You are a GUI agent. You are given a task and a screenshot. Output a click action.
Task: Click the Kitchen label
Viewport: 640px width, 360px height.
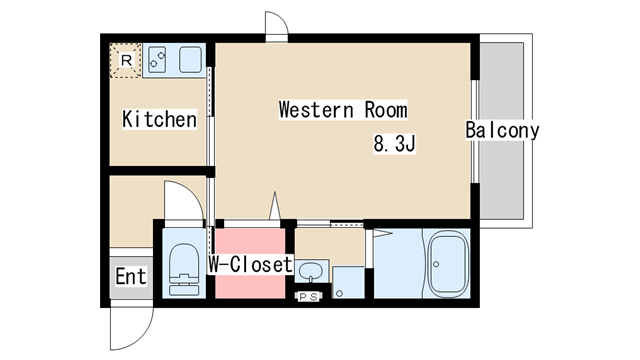[x=159, y=119]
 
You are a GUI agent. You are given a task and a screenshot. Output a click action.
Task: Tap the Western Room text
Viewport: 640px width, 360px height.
[x=343, y=110]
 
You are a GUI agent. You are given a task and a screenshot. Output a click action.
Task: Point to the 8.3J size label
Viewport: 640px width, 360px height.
[x=394, y=143]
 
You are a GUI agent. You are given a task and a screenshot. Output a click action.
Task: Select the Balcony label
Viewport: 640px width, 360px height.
[x=502, y=130]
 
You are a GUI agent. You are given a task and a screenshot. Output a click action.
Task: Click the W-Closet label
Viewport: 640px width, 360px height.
[x=251, y=264]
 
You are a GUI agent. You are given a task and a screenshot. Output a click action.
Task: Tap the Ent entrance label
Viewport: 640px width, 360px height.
[x=131, y=276]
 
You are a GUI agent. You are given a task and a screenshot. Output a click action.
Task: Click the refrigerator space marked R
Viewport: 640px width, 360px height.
[x=126, y=60]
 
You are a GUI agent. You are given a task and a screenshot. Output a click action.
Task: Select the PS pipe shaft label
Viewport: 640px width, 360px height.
[x=309, y=297]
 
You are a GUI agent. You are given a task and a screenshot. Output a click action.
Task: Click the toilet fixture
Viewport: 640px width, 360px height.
[x=184, y=269]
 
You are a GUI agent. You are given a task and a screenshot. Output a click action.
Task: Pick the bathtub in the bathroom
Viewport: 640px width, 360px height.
[x=448, y=264]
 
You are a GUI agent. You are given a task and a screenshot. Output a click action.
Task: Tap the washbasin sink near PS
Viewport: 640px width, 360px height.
[x=311, y=271]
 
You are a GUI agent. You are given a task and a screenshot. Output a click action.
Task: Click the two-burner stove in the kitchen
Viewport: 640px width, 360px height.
[x=157, y=60]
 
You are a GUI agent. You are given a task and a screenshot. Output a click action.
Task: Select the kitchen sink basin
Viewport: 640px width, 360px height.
[x=190, y=60]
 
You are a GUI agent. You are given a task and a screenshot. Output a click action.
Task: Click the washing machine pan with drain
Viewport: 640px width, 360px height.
[x=348, y=282]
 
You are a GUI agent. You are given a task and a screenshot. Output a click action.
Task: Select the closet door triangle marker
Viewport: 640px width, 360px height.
[x=275, y=206]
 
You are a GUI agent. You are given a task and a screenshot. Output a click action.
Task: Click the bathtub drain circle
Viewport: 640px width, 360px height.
[x=436, y=264]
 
